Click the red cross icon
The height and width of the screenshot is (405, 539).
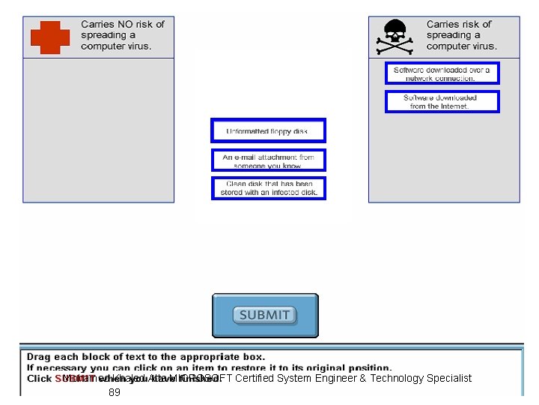click(x=50, y=37)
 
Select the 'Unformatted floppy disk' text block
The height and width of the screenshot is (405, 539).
click(x=268, y=130)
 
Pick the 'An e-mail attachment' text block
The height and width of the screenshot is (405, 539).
click(x=268, y=160)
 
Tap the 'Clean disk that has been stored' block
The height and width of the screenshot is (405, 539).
click(x=269, y=187)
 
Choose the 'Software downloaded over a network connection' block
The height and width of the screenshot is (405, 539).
click(x=442, y=73)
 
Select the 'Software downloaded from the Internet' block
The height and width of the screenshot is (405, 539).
click(x=442, y=101)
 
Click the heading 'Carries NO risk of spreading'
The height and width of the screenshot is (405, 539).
click(x=121, y=35)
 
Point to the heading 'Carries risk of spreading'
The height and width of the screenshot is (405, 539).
click(x=461, y=35)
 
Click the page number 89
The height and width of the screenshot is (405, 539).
click(x=115, y=392)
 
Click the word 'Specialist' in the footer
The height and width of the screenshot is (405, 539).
click(x=449, y=378)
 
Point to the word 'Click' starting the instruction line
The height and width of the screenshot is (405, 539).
click(x=39, y=379)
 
